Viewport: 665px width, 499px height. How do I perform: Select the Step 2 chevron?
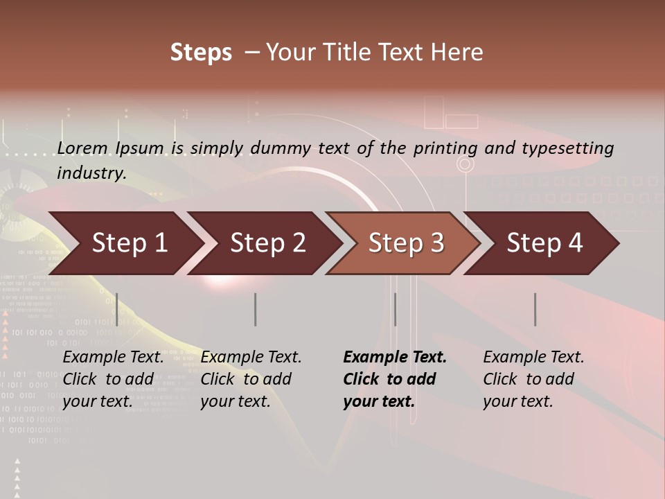[x=267, y=243]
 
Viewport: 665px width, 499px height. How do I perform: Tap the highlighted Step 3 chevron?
[x=406, y=243]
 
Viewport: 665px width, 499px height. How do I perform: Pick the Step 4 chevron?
[x=544, y=243]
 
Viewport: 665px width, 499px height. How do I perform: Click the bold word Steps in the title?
[x=201, y=53]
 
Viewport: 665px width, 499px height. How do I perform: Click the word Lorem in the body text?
[x=83, y=148]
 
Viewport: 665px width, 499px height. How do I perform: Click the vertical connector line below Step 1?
[x=117, y=309]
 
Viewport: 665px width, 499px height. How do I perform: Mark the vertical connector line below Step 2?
[x=256, y=309]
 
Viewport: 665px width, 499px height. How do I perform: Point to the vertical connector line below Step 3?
[x=396, y=309]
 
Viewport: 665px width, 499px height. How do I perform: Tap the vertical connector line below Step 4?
[x=535, y=309]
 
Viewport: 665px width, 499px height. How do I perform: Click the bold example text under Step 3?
[x=394, y=379]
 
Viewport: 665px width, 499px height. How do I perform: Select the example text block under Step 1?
[x=113, y=379]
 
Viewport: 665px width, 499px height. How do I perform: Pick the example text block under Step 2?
[x=251, y=379]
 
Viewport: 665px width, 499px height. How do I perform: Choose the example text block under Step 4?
[x=533, y=379]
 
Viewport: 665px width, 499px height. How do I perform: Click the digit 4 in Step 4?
[x=574, y=243]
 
